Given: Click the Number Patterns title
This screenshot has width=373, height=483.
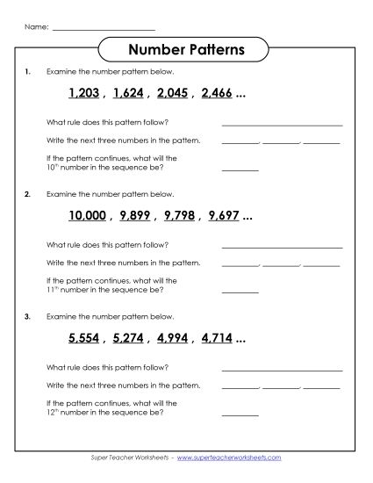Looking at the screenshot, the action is coord(185,50).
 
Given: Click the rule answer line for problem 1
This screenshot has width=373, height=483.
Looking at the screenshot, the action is coord(282,125).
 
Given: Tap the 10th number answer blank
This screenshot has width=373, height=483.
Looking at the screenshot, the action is coord(240,169).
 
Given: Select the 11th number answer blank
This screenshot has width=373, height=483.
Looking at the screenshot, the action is coord(240,291).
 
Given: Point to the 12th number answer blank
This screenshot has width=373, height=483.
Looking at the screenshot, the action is coord(240,413).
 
